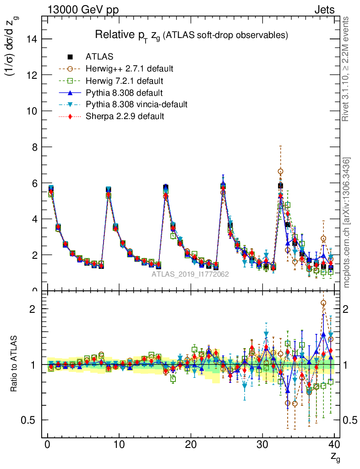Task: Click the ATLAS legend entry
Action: tap(99, 57)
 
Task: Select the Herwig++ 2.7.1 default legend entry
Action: tap(129, 69)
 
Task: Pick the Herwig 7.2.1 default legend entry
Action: tap(124, 81)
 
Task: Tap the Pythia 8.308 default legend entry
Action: tap(124, 93)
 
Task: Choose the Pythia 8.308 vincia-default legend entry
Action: tap(136, 104)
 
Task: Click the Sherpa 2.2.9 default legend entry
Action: tap(125, 116)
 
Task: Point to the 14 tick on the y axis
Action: tap(33, 39)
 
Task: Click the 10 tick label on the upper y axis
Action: tap(33, 111)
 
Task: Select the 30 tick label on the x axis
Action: tap(262, 445)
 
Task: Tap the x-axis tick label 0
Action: tap(47, 445)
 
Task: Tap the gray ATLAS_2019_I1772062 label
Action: tap(191, 274)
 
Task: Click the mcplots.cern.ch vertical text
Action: tap(347, 223)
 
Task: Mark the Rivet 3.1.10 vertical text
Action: tap(347, 69)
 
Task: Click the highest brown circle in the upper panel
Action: tap(280, 171)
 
